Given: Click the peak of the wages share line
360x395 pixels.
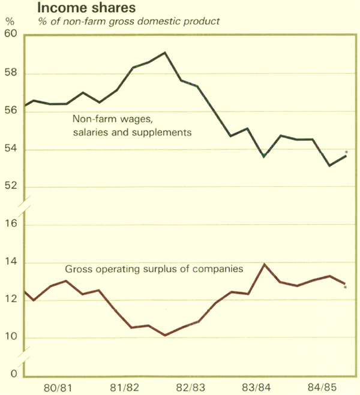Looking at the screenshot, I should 165,52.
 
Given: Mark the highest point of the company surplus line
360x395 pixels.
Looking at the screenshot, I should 264,264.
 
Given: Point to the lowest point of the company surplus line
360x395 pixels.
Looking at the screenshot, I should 165,335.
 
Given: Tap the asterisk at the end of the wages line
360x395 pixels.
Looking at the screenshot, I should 347,152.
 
